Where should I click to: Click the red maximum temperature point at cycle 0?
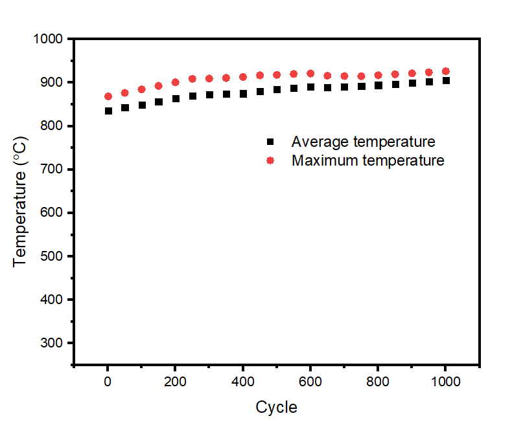pyautogui.click(x=108, y=96)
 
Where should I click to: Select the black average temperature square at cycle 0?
pyautogui.click(x=108, y=111)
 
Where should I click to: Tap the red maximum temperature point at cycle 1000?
pyautogui.click(x=445, y=71)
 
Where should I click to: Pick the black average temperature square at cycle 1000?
pyautogui.click(x=445, y=80)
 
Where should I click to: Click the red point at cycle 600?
pyautogui.click(x=310, y=74)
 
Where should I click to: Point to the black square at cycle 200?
pyautogui.click(x=176, y=98)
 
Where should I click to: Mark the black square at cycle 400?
pyautogui.click(x=243, y=94)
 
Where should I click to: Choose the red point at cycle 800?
pyautogui.click(x=378, y=75)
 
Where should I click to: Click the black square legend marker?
pyautogui.click(x=271, y=142)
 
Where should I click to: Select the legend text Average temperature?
pyautogui.click(x=363, y=142)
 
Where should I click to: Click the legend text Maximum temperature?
pyautogui.click(x=368, y=160)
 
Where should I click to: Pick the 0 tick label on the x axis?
pyautogui.click(x=108, y=382)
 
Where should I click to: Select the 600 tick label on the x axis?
pyautogui.click(x=310, y=382)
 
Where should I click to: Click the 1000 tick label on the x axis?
pyautogui.click(x=445, y=382)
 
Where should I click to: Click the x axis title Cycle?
pyautogui.click(x=277, y=408)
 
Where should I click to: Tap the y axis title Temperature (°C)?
pyautogui.click(x=21, y=201)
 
